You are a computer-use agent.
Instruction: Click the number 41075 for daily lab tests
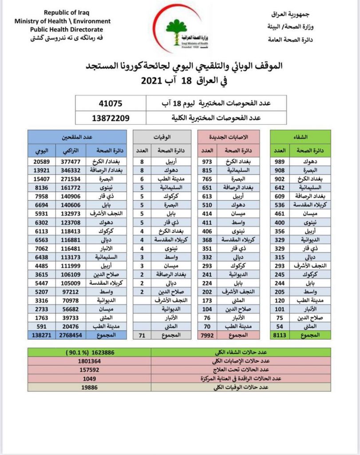(x=110, y=104)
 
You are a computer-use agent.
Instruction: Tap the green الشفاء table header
(x=301, y=137)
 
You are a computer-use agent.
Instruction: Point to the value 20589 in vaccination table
(x=43, y=162)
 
